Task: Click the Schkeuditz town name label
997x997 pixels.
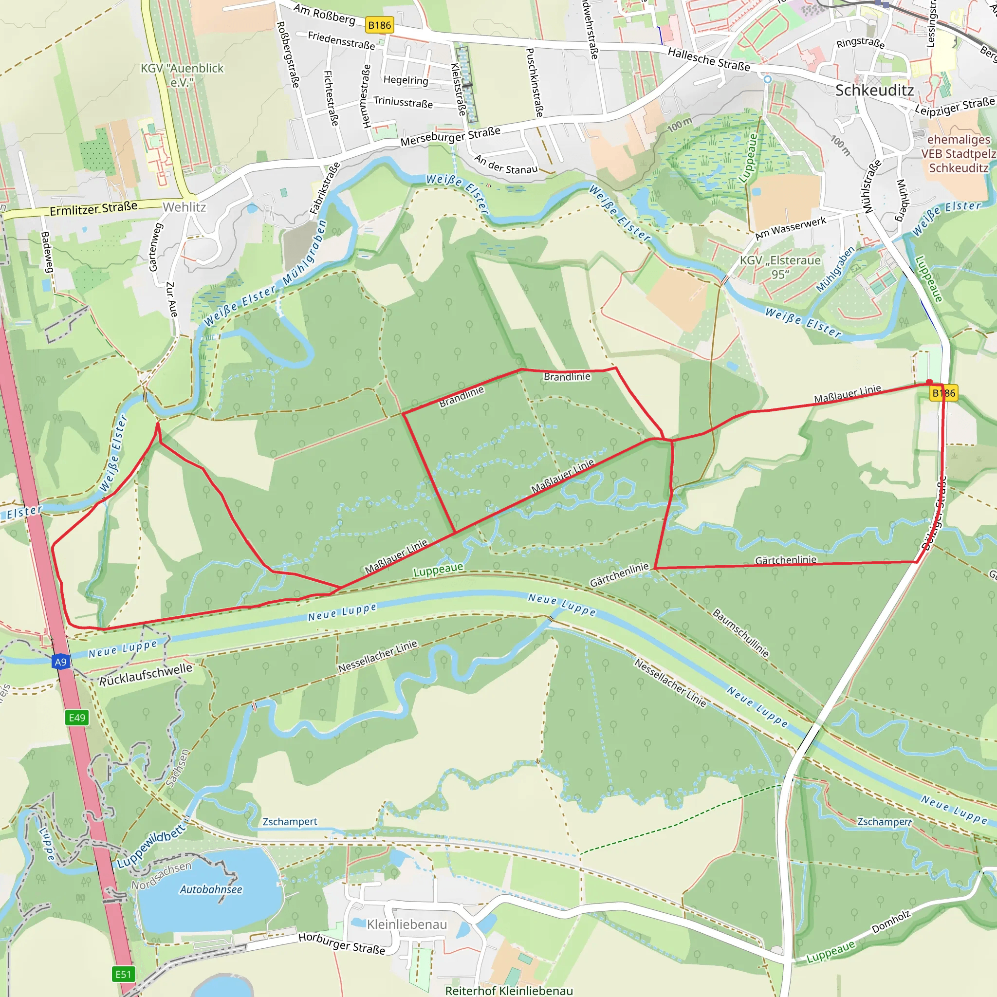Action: (874, 91)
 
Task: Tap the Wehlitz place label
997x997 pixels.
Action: (184, 207)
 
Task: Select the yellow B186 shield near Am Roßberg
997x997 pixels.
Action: (379, 25)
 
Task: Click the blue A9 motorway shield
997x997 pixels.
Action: (61, 662)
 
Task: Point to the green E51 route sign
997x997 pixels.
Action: (123, 974)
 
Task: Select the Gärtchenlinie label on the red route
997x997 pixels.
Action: (785, 560)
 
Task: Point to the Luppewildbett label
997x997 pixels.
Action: (151, 846)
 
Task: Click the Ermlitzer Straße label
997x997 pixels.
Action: (93, 208)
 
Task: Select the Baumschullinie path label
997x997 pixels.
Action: (740, 633)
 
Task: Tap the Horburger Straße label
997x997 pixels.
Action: (342, 943)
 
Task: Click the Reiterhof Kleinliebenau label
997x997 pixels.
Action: (509, 990)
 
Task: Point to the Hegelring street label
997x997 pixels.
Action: (406, 80)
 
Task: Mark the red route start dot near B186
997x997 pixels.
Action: (929, 382)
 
